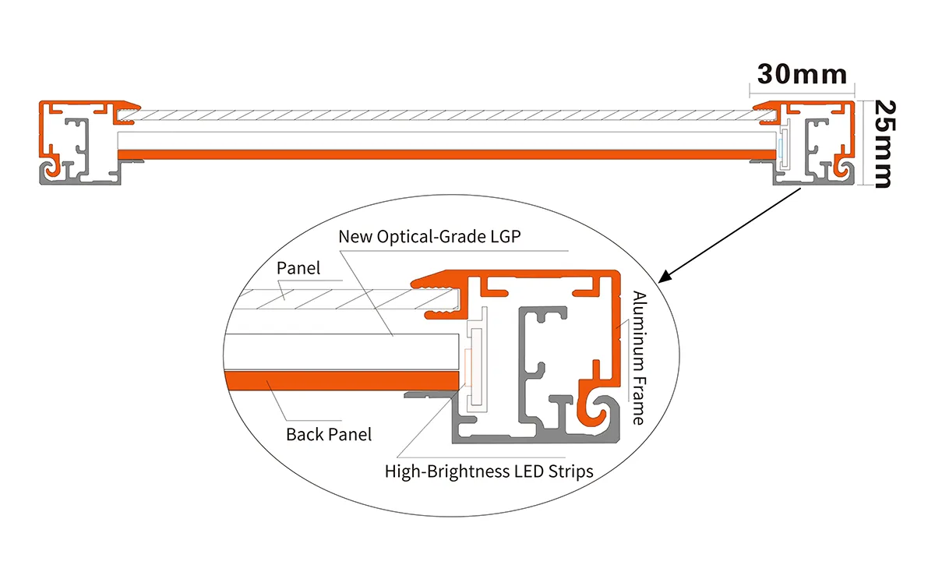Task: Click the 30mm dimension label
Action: [x=802, y=74]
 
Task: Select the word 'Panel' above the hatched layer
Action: [x=298, y=267]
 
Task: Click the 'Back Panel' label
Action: [x=329, y=434]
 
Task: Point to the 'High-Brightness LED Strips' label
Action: [x=489, y=471]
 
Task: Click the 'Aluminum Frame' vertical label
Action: [x=638, y=358]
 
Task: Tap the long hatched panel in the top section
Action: [x=444, y=115]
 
